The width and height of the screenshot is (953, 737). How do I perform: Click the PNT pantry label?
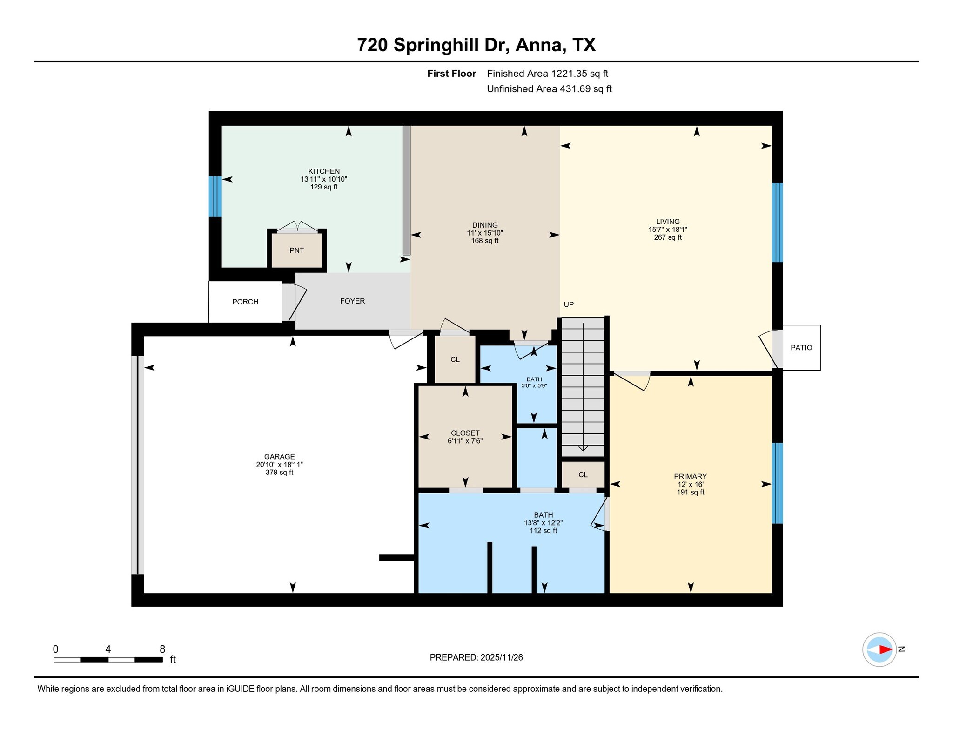pos(296,250)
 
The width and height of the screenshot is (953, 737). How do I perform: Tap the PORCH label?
pos(245,302)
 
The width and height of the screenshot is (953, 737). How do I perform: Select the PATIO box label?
pos(801,347)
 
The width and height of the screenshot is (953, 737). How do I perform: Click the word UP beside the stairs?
pos(569,304)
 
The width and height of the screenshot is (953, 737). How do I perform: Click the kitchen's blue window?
pos(215,196)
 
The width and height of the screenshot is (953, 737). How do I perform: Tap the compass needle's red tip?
pos(886,649)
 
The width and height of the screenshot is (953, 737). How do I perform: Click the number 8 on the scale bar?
pos(162,649)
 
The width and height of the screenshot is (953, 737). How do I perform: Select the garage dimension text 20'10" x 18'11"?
pos(279,465)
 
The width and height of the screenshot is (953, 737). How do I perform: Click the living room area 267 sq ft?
pos(668,237)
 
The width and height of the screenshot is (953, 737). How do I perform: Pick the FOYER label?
pos(352,301)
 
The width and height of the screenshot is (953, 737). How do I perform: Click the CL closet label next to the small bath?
pos(455,359)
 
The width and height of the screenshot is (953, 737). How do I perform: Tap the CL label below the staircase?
pos(583,475)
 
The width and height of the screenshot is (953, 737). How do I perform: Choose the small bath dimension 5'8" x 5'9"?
pos(534,386)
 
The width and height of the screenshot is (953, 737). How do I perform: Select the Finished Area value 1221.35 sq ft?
pos(579,74)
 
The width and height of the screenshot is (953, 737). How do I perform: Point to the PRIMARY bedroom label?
pos(690,476)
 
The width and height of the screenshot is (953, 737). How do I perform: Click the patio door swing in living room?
pos(768,349)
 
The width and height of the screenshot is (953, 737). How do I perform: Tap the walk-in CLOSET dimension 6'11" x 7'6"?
pos(465,441)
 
